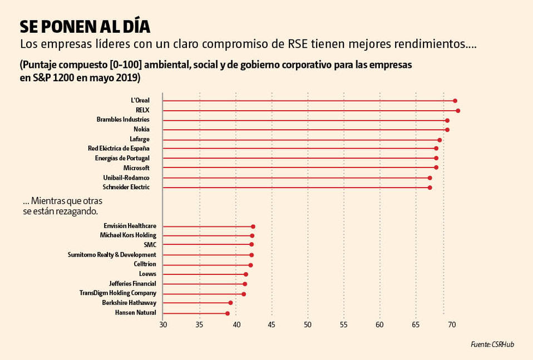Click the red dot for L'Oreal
(x=455, y=101)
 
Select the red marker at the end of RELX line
(x=457, y=111)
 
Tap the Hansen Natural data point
(x=227, y=313)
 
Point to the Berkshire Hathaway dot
(x=230, y=303)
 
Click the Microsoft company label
(x=136, y=167)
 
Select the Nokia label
(x=141, y=130)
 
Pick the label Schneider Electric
(x=126, y=187)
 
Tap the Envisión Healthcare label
(x=130, y=226)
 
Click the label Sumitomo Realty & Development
(x=112, y=254)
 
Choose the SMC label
(x=150, y=245)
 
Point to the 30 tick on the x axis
(x=162, y=324)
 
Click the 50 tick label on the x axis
(x=308, y=324)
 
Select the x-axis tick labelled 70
(x=451, y=324)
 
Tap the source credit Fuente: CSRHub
(x=492, y=345)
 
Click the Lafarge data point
(x=439, y=140)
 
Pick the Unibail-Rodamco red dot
(x=430, y=177)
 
